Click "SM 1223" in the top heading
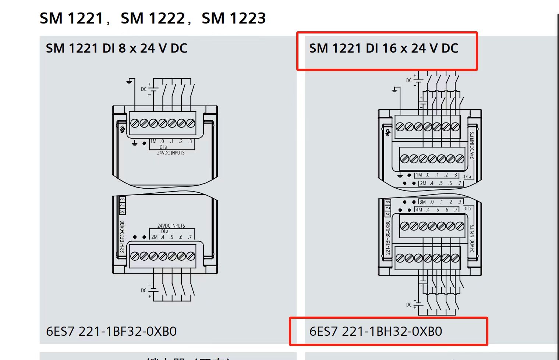point(234,18)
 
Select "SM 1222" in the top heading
point(153,18)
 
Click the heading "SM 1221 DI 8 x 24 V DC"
point(117,48)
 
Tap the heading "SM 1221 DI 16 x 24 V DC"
point(383,48)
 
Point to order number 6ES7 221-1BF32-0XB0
point(111,331)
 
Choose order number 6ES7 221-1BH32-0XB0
point(376,331)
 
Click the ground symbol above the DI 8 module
point(129,81)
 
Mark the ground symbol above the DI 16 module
point(395,90)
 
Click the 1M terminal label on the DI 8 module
point(153,141)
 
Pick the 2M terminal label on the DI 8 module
point(154,237)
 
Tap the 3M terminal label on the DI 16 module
point(422,202)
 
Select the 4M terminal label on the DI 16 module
point(419,210)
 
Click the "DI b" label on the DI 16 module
point(467,208)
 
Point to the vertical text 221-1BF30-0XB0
point(122,236)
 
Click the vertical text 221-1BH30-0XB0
point(388,237)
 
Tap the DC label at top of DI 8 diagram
point(144,89)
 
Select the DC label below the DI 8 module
point(144,291)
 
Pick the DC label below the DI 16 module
point(409,305)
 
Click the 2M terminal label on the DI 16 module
point(423,183)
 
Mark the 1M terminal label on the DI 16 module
point(419,175)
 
